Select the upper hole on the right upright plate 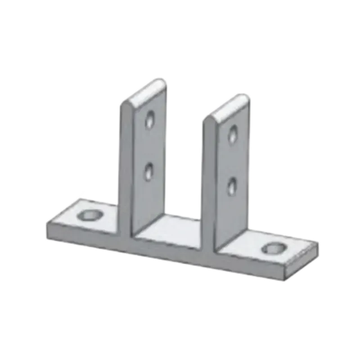point(233,133)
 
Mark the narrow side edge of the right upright point(209,180)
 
